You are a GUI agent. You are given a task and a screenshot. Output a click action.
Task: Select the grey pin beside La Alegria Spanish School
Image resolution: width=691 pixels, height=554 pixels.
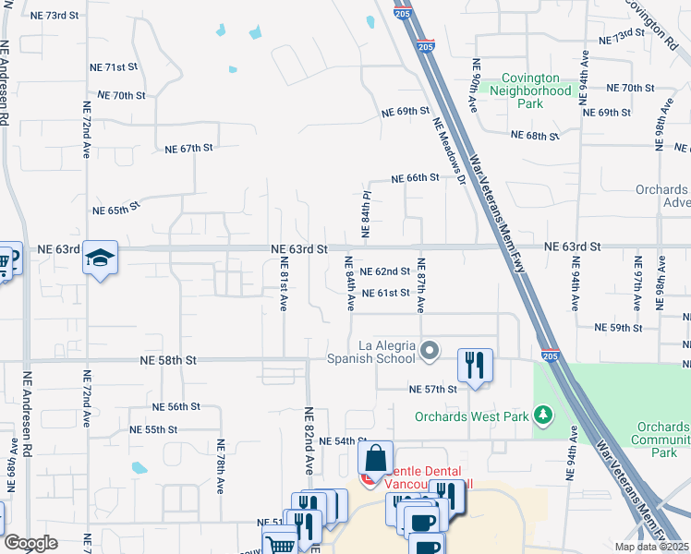click(430, 351)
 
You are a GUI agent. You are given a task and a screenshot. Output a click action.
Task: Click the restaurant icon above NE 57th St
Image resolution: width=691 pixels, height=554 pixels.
click(475, 366)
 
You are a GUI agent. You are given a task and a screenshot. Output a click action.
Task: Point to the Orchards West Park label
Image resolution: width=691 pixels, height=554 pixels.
click(471, 416)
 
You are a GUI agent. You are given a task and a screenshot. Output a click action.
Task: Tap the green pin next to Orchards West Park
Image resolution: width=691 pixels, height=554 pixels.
click(545, 416)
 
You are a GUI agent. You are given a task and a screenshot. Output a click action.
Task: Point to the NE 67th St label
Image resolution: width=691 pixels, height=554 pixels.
click(188, 148)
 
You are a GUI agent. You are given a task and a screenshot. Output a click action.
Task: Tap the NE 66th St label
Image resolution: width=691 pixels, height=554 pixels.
click(413, 178)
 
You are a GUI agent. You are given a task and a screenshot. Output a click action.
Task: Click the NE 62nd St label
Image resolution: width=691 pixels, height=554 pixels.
click(384, 271)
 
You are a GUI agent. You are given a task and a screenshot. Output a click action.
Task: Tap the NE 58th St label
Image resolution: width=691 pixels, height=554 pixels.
click(168, 359)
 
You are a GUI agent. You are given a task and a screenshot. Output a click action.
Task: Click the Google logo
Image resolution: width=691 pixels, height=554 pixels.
click(30, 543)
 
